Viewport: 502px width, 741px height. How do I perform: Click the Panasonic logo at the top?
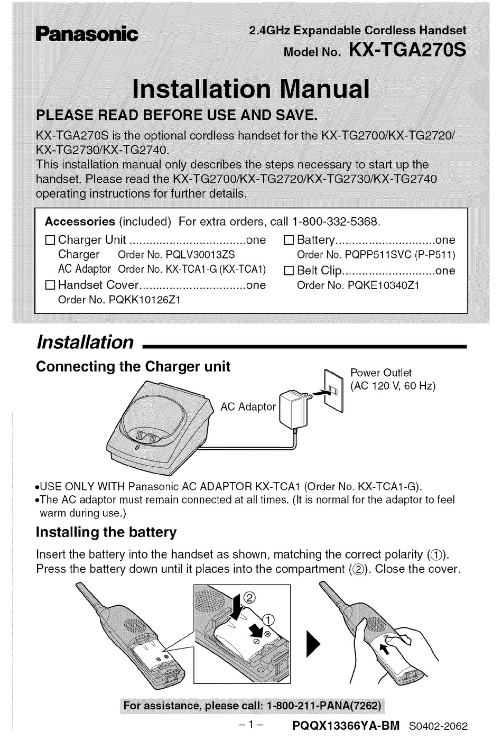[86, 34]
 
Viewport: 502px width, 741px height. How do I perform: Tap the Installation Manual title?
[250, 88]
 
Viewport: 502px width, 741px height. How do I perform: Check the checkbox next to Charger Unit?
[50, 240]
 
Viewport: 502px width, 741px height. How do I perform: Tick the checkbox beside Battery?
[289, 240]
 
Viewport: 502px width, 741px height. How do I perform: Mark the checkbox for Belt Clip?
[289, 271]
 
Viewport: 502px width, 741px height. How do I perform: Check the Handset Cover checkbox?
[50, 285]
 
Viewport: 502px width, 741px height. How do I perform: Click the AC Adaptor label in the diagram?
[248, 406]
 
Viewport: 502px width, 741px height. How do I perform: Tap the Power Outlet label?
[380, 373]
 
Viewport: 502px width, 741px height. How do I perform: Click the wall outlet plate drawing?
[333, 390]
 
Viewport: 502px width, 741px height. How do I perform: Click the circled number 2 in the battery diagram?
[250, 597]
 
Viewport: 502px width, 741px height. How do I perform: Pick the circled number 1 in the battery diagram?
[268, 619]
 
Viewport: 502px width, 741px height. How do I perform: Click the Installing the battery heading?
[106, 532]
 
